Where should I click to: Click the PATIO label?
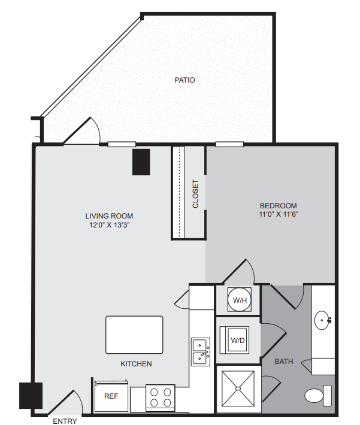point(184,80)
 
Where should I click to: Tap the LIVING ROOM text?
point(109,216)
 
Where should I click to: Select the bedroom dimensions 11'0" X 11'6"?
point(279,214)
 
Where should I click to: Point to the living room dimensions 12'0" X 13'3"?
point(110,225)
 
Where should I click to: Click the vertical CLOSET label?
point(195,194)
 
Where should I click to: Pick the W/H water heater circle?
point(240,300)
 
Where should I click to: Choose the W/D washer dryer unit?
point(235,340)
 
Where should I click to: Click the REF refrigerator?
point(111,396)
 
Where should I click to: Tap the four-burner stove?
point(161,398)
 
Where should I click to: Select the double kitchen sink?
point(201,352)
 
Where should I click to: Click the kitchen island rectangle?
point(134,335)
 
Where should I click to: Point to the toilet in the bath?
point(318,396)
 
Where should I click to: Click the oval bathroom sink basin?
point(322,320)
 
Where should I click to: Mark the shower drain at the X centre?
point(238,388)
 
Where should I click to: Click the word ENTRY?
point(65,421)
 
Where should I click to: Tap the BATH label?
point(284,362)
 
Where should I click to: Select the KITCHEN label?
point(136,364)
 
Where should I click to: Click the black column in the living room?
point(141,162)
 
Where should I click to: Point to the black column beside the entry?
point(31,396)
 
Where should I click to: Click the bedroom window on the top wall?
point(229,144)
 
